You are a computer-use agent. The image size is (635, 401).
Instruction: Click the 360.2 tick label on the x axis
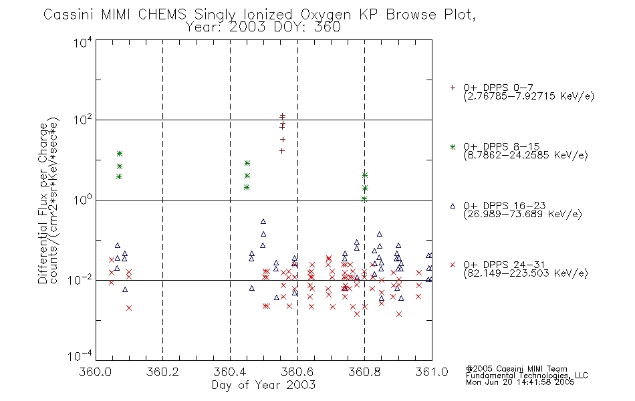tap(162, 372)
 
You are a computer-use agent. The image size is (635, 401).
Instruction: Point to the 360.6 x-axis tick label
tap(297, 372)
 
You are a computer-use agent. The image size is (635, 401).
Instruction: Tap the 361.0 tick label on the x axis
tap(432, 372)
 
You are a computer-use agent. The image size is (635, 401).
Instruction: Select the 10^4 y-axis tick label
tap(83, 42)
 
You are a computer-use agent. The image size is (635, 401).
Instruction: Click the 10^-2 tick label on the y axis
tap(80, 279)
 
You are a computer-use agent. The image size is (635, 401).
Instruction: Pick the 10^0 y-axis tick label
tap(83, 199)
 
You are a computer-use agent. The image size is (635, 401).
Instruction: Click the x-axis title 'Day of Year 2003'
tap(263, 385)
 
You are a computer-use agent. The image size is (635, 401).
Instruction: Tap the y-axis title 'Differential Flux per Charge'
tap(43, 203)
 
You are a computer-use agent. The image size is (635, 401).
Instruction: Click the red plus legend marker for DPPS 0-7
tap(453, 88)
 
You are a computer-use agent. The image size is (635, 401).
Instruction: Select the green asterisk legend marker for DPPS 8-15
tap(453, 146)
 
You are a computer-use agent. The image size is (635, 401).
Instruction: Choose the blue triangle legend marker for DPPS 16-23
tap(453, 206)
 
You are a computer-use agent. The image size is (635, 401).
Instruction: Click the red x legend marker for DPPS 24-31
tap(453, 265)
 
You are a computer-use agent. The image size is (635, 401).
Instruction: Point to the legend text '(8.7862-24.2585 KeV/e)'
tap(525, 156)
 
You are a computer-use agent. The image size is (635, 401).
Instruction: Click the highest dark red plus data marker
tap(282, 116)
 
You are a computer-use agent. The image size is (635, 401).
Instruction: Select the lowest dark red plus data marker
tap(282, 151)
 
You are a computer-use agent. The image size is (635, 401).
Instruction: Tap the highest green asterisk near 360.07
tap(120, 154)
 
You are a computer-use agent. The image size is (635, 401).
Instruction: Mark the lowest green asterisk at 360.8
tap(364, 199)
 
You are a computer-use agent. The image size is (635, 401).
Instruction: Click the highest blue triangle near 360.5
tap(263, 222)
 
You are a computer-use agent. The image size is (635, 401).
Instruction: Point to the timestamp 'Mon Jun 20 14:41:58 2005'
tap(520, 382)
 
